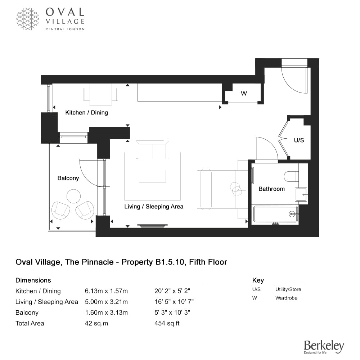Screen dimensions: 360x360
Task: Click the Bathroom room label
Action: point(271,189)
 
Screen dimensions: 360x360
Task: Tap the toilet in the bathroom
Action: point(291,176)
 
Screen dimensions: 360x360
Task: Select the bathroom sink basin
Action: point(301,194)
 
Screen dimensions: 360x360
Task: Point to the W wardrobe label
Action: point(244,94)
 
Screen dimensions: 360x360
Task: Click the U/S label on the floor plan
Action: point(299,140)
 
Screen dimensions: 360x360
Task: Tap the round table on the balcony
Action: point(73,196)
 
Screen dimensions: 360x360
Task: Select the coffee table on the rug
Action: point(152,176)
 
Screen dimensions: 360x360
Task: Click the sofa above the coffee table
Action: point(152,150)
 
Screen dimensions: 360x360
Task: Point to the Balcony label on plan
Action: point(68,178)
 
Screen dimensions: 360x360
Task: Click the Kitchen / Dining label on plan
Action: point(86,112)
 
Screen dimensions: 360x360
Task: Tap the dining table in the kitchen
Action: point(101,94)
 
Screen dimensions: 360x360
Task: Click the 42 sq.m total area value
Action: point(96,323)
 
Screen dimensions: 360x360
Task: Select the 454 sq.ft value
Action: point(167,323)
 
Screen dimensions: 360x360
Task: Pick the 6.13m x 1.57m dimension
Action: point(106,291)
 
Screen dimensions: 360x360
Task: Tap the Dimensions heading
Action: point(33,280)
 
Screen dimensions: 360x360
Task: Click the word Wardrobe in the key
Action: point(286,298)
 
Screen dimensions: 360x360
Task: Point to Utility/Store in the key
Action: point(288,289)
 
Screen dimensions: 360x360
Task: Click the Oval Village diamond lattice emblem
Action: point(28,19)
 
